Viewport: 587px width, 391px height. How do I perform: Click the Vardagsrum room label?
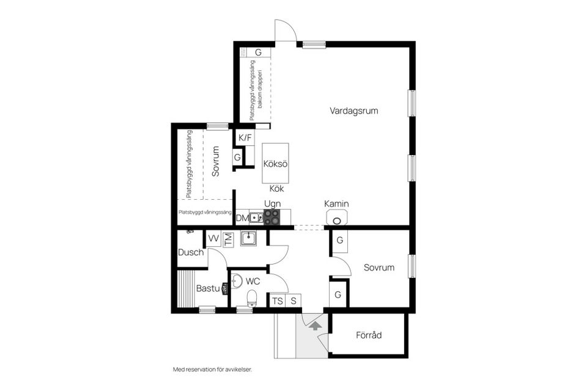354,111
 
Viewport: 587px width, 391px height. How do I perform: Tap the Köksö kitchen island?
275,163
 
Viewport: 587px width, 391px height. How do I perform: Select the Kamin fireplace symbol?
337,217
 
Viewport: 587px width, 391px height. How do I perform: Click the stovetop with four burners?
271,217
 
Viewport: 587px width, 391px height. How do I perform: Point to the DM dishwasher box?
242,217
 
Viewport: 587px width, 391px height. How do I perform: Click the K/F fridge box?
245,137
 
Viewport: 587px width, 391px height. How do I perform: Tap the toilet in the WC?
252,298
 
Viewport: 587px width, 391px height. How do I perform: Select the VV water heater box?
213,239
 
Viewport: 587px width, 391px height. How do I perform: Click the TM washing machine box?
227,239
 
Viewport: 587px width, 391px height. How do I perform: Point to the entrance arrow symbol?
316,325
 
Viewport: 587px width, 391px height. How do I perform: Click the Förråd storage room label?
369,335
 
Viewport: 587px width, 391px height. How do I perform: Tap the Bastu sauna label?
208,288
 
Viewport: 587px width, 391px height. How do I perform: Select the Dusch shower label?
191,252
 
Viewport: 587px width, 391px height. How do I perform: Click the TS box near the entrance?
278,301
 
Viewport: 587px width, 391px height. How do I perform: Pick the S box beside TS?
293,301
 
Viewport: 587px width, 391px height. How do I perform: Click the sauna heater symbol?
224,288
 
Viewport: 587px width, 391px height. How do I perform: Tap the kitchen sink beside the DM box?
256,217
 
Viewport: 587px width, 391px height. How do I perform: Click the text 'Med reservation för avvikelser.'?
212,369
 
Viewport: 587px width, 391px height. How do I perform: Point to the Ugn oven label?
272,204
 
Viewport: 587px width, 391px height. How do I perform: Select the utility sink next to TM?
249,238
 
